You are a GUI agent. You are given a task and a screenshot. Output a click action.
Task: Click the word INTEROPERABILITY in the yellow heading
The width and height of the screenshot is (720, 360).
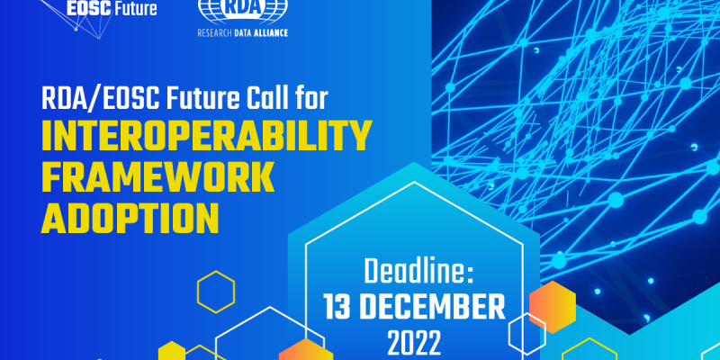pos(206,137)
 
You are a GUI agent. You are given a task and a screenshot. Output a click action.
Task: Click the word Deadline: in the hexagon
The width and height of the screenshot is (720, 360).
pos(418,272)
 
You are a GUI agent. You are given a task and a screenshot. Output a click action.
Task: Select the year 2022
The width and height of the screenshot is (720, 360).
pos(414,342)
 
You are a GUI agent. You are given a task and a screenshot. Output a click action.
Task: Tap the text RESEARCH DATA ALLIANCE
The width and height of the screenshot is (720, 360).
pos(242,33)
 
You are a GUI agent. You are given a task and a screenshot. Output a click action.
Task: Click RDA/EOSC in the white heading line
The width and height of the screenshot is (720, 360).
pos(101,98)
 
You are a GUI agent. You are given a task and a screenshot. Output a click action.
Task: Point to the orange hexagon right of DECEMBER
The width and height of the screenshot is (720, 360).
pos(553,303)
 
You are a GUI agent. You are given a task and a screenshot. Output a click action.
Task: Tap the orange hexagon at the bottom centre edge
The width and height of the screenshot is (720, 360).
pos(305,351)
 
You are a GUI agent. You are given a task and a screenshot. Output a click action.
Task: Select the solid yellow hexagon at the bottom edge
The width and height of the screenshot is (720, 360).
pos(172,352)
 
